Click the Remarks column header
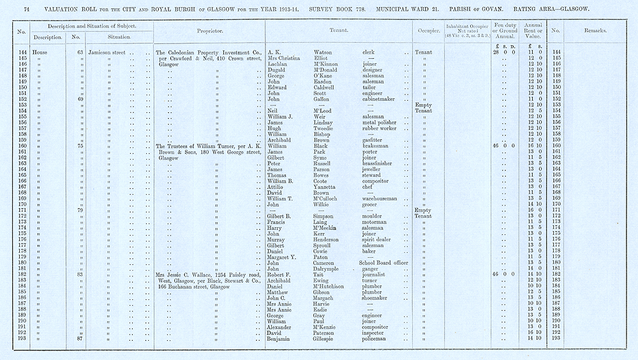[x=595, y=30]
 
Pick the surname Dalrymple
[x=329, y=268]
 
